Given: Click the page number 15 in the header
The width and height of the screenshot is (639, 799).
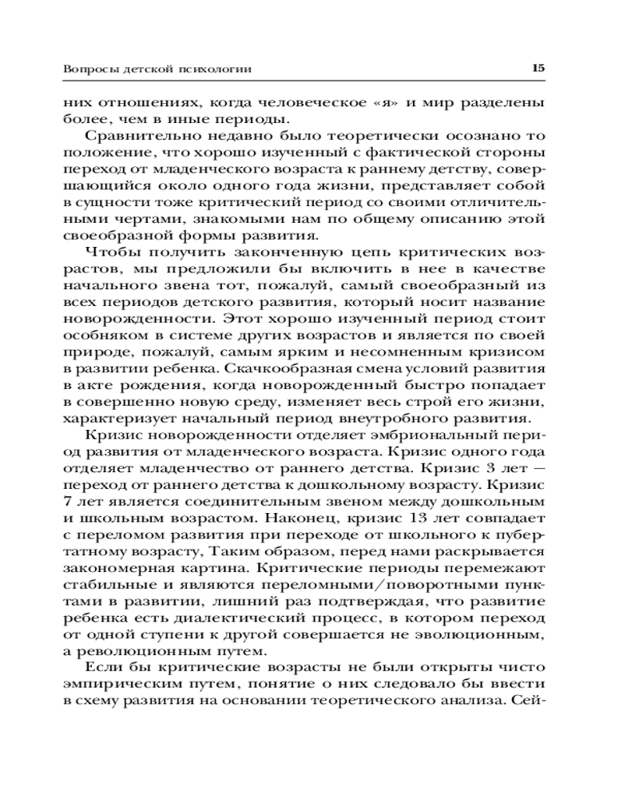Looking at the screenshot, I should [538, 69].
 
